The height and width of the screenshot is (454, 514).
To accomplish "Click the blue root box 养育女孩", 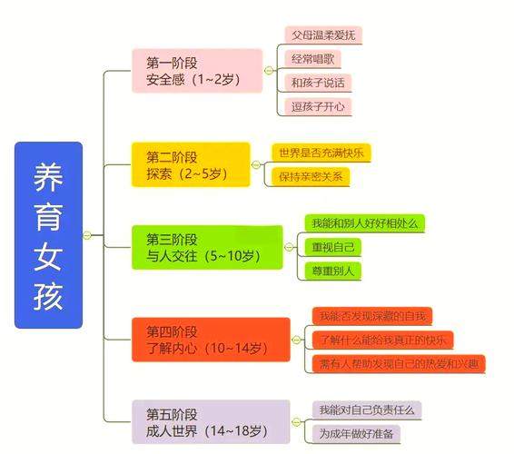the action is tap(48, 235).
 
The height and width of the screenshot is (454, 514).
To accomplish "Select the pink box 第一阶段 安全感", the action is tap(197, 71).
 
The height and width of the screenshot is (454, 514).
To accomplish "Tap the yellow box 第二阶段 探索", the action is tap(191, 164).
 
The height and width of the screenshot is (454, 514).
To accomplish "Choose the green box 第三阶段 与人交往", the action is tap(207, 247).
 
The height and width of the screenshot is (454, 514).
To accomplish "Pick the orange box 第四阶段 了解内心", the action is tap(211, 340).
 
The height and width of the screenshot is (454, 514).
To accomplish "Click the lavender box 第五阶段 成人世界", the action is tap(211, 422).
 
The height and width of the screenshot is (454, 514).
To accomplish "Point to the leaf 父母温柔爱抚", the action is tap(323, 35).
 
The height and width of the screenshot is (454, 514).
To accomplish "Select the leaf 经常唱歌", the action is tap(312, 59).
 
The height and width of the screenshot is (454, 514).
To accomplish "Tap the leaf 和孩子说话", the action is tap(318, 83).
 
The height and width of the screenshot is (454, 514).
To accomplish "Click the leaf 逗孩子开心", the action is tap(318, 106).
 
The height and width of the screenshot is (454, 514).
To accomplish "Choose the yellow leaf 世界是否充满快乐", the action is tap(321, 153).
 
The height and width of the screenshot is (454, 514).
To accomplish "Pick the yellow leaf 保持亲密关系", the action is tap(311, 177).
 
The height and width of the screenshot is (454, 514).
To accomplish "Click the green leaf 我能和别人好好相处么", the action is tap(365, 223).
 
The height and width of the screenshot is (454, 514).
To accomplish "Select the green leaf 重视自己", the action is tap(333, 247).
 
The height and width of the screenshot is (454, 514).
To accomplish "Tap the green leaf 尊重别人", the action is tap(333, 271).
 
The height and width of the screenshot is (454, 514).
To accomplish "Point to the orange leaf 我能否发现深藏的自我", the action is tap(372, 316).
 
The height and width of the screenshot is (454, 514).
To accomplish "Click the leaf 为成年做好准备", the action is tap(356, 434).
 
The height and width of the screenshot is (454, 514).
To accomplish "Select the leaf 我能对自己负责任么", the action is tap(367, 410).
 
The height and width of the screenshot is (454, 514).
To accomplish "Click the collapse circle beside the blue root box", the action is tap(87, 235).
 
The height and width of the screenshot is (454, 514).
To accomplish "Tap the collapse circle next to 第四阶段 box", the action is tap(296, 340).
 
